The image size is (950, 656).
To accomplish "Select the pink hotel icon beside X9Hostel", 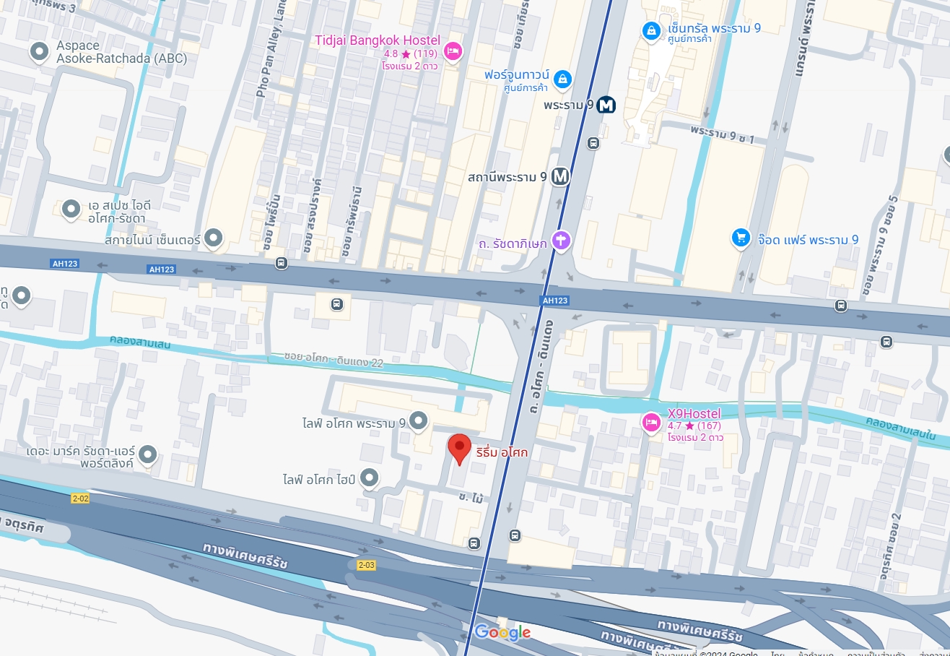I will pyautogui.click(x=652, y=421).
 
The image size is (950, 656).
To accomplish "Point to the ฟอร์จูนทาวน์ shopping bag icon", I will pyautogui.click(x=562, y=78).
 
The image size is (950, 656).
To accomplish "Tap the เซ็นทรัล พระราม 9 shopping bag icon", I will pyautogui.click(x=651, y=30).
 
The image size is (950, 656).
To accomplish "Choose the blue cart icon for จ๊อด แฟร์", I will pyautogui.click(x=741, y=238).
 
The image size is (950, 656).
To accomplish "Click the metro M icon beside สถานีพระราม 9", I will pyautogui.click(x=560, y=176).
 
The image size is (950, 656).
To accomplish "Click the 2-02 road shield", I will pyautogui.click(x=80, y=499).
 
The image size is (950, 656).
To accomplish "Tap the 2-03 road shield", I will pyautogui.click(x=366, y=565).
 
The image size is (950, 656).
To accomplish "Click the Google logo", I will pyautogui.click(x=502, y=633).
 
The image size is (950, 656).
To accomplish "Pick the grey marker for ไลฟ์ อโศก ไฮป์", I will pyautogui.click(x=370, y=478).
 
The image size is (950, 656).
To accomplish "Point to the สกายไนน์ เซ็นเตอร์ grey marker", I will pyautogui.click(x=213, y=237).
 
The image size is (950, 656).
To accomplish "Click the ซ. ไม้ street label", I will pyautogui.click(x=470, y=497).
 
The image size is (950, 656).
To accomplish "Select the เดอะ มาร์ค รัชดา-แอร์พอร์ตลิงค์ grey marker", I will pyautogui.click(x=147, y=454).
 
